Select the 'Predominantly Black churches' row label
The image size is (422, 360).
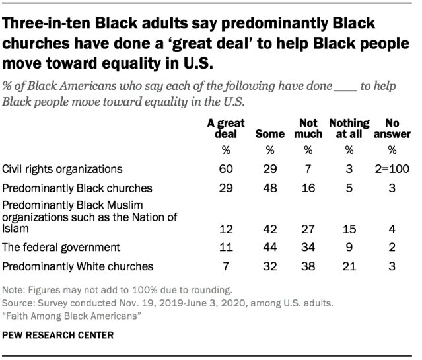[x=69, y=187]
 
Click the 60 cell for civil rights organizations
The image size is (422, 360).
[x=226, y=168]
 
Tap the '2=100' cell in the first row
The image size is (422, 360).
[x=394, y=168]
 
